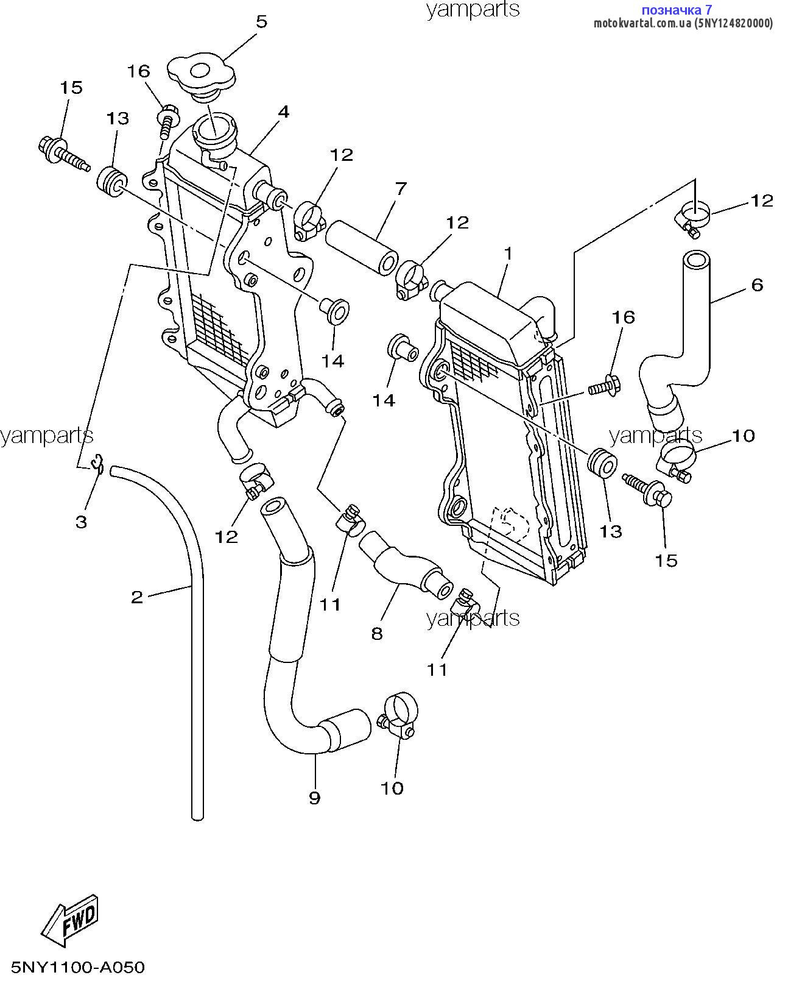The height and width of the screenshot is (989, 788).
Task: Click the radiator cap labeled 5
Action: tap(201, 76)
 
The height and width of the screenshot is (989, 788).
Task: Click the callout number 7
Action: tap(400, 189)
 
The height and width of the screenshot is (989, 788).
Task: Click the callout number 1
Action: tap(508, 253)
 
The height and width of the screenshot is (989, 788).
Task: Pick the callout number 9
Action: tap(314, 798)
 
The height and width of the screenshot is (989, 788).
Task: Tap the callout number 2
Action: tap(137, 597)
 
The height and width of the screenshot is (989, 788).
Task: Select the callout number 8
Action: tap(377, 634)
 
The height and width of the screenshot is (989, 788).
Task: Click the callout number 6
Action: tap(757, 285)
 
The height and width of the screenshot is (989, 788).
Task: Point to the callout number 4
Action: tap(283, 112)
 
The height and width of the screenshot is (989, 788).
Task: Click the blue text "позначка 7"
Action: tap(677, 10)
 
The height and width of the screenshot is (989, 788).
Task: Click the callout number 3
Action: tap(81, 522)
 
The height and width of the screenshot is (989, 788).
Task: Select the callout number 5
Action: tap(261, 22)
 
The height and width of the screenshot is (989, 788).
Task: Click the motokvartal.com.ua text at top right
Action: tap(683, 23)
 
